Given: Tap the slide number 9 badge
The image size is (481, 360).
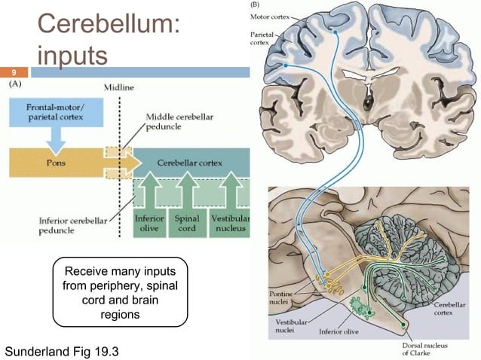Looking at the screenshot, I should tap(13, 73).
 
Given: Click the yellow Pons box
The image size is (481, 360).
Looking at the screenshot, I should tap(57, 161).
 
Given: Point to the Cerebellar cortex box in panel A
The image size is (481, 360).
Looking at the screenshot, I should tap(188, 161).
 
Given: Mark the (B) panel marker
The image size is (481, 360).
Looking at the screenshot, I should tap(258, 5).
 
